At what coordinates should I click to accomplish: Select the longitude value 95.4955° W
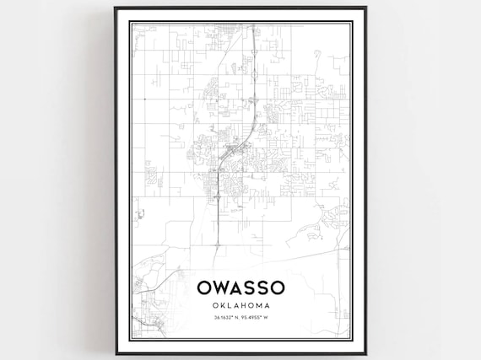257,318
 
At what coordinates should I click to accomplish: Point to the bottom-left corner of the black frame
116,352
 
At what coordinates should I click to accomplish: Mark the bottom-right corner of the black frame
365,352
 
